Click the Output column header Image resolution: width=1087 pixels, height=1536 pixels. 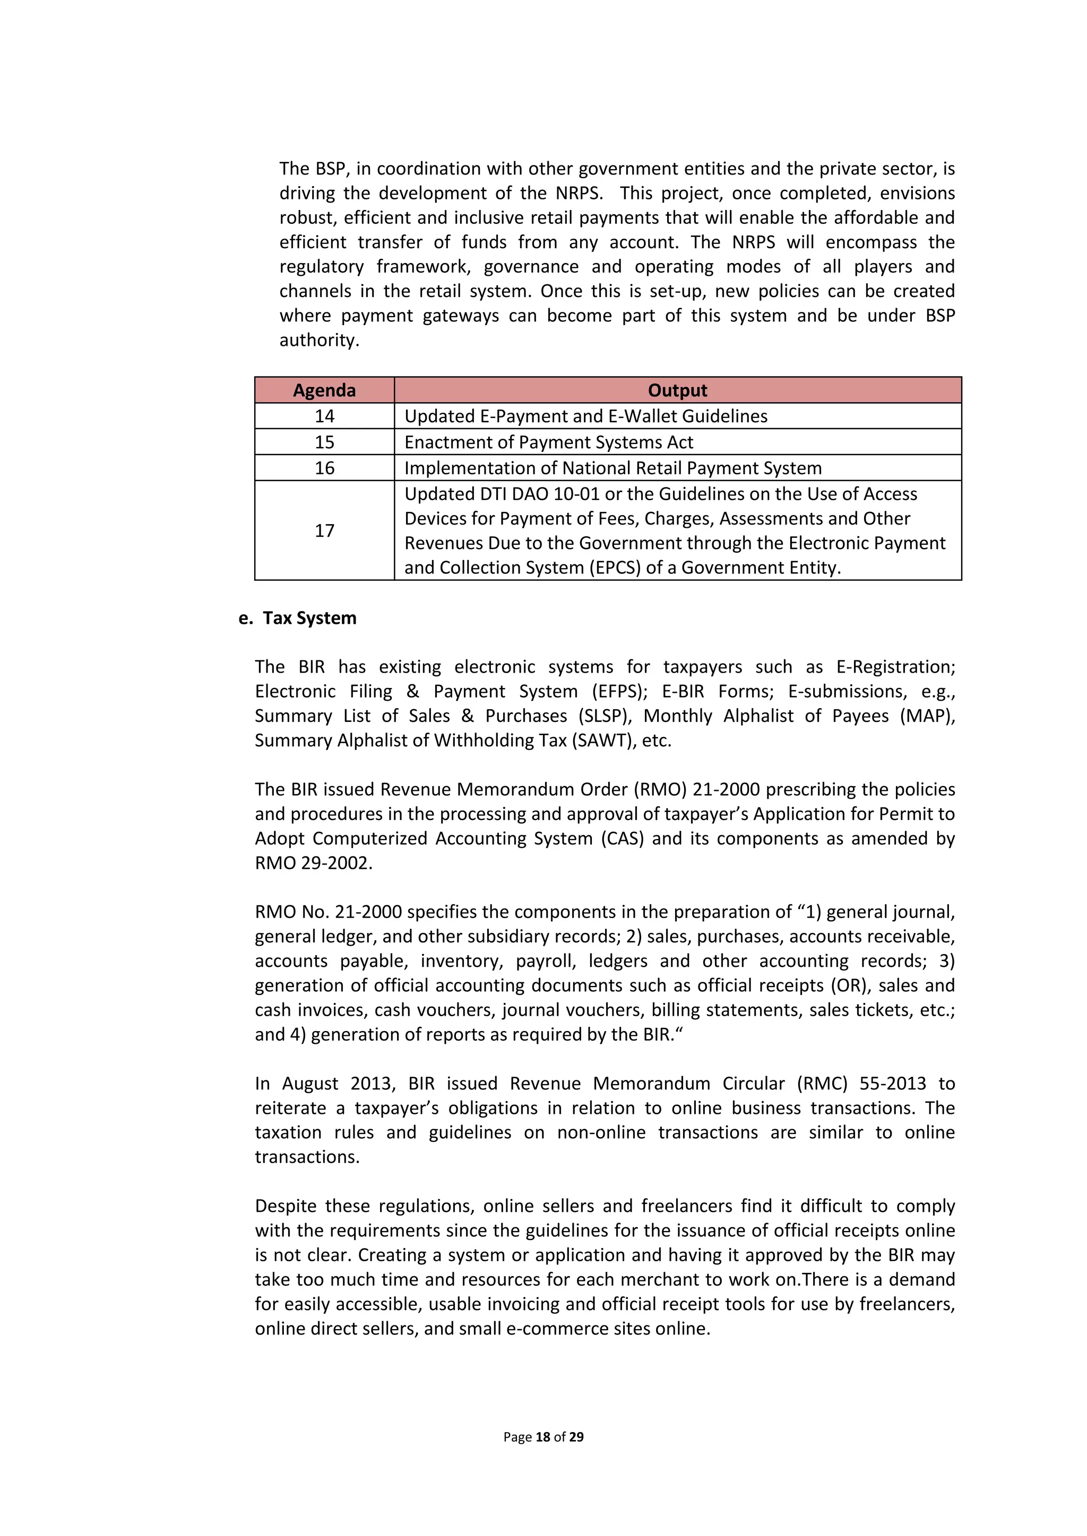pyautogui.click(x=677, y=390)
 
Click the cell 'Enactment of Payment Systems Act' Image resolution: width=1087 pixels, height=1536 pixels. pyautogui.click(x=548, y=442)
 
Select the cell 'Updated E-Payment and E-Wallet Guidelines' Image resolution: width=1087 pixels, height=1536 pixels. pyautogui.click(x=585, y=416)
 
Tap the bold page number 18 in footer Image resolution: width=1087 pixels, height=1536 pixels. pyautogui.click(x=543, y=1436)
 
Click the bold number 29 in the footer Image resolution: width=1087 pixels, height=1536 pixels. pyautogui.click(x=576, y=1436)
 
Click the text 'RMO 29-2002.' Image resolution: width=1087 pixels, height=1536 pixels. pyautogui.click(x=313, y=863)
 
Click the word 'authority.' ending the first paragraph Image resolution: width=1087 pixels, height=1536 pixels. pyautogui.click(x=320, y=341)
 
